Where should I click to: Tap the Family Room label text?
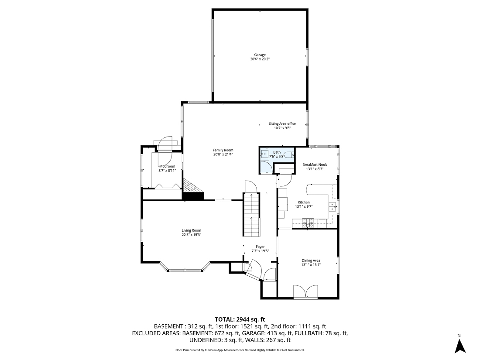pos(223,150)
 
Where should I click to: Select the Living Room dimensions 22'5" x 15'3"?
pos(192,235)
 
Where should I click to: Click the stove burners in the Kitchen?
pos(308,223)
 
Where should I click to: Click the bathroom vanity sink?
pos(264,154)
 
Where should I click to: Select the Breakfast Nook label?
pos(315,165)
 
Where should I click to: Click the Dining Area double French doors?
pos(305,291)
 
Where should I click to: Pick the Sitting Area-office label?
pos(282,123)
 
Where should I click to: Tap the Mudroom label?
pos(167,166)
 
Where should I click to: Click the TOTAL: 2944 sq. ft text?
pos(240,319)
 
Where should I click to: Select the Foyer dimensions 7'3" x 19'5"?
pos(260,251)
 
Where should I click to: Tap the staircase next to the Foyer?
pos(251,214)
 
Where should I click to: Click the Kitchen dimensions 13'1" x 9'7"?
pos(304,207)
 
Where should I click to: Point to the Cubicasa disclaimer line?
pos(240,350)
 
